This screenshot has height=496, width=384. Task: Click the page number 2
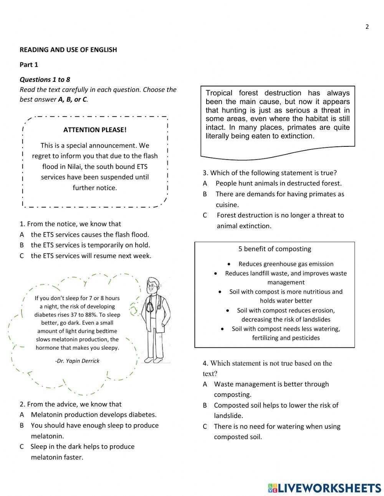tap(367, 27)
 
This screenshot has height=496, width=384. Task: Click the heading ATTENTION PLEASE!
tap(95, 130)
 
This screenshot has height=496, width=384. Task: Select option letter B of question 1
tap(22, 245)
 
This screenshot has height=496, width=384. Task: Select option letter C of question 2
tap(22, 446)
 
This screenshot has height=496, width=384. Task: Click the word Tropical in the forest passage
tap(219, 93)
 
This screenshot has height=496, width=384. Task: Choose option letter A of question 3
tap(205, 184)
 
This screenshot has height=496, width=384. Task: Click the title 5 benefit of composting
tap(275, 249)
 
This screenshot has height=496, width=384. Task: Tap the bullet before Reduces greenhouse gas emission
tap(229, 264)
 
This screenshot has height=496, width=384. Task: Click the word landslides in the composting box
tap(312, 319)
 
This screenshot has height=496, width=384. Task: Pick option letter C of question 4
tap(205, 426)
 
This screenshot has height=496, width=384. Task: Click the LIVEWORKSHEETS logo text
tap(329, 488)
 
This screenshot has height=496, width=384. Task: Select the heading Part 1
tap(29, 65)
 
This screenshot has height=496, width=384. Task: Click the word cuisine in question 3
tap(227, 205)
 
